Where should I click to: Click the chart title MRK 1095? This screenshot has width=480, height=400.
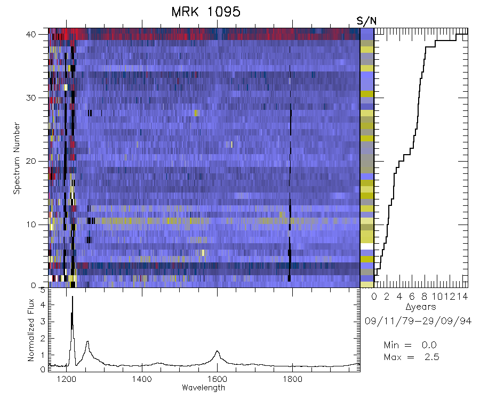(202, 12)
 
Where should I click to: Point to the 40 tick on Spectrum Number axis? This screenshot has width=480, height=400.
(40, 34)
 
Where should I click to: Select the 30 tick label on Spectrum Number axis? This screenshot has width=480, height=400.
(40, 98)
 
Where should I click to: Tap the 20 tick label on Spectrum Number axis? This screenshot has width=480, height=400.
(40, 161)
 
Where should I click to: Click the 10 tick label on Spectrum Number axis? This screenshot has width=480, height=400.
(40, 225)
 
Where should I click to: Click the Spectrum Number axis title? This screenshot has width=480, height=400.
(17, 159)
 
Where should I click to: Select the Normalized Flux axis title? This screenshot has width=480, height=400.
(31, 332)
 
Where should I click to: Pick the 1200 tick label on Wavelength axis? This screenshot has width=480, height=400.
(67, 380)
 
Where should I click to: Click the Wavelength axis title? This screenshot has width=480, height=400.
(204, 388)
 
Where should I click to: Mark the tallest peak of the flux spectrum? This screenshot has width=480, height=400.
(72, 298)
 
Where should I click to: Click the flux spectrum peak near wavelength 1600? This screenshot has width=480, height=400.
(217, 351)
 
